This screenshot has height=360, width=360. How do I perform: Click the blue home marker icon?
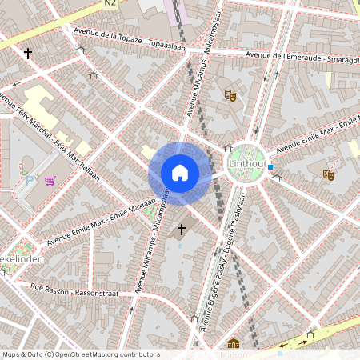180,173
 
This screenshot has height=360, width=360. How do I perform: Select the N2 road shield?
110,4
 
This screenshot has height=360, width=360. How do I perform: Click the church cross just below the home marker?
182,230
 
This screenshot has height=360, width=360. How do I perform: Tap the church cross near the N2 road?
29,54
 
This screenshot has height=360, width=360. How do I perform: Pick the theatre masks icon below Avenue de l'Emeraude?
231,96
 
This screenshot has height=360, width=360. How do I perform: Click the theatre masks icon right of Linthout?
328,174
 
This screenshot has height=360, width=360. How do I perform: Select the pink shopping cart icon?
50,181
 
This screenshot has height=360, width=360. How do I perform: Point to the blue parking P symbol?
30,181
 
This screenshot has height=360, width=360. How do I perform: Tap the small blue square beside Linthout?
271,167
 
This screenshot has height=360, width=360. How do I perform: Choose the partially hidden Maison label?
233,355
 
